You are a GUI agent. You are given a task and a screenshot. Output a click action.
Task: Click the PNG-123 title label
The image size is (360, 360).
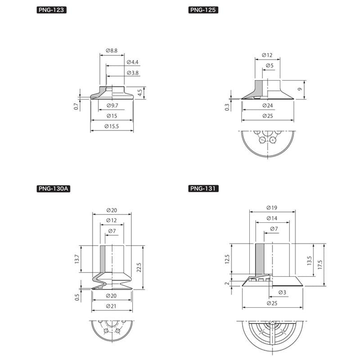pos(51,10)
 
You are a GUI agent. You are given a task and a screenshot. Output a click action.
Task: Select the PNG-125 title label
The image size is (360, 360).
pos(203,10)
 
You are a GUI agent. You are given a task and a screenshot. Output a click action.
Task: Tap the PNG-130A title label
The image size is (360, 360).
pos(53,189)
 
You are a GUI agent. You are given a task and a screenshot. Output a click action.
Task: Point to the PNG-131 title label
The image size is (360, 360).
pos(203,189)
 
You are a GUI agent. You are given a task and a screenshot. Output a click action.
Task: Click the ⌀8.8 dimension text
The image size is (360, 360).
pos(112,50)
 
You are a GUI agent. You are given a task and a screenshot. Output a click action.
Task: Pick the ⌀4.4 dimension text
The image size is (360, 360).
pos(132,62)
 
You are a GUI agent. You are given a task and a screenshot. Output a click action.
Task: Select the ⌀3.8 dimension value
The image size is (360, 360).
pos(132,73)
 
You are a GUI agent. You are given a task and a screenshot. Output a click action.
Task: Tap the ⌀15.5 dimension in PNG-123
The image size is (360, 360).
pos(112,126)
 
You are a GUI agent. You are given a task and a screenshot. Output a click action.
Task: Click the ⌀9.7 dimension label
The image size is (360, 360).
pos(112,106)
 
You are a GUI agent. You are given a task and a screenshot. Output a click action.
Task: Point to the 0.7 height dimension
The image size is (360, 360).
pos(76,106)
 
